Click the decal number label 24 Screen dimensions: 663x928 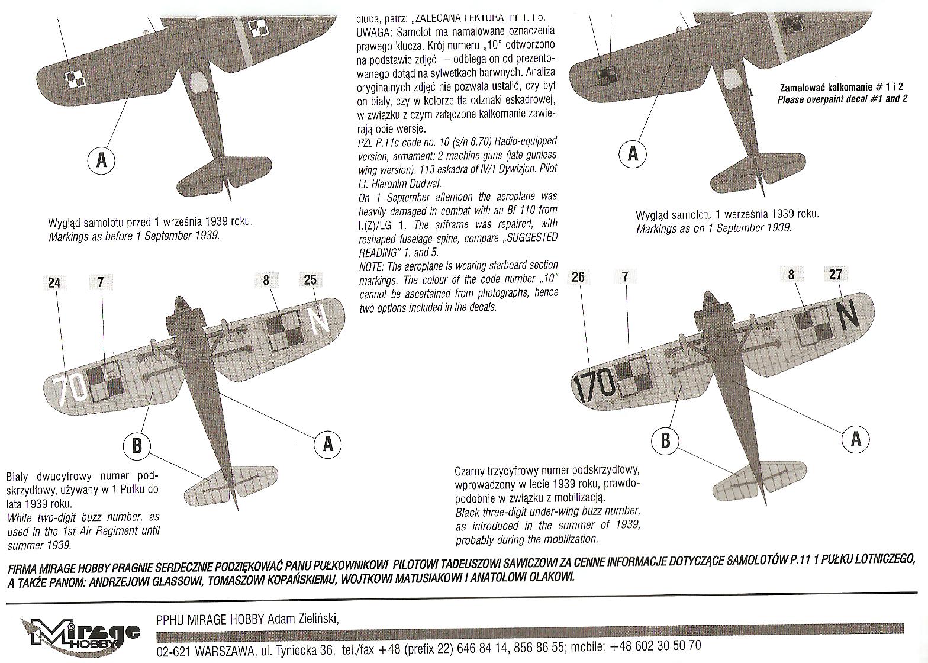[54, 282]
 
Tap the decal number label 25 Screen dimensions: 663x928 [310, 280]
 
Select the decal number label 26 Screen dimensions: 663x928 [578, 276]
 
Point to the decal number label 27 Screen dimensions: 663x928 [835, 274]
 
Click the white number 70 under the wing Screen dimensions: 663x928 [71, 389]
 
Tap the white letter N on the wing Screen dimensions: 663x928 [319, 321]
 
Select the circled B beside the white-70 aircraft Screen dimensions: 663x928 [137, 445]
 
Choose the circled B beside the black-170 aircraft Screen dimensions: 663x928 [665, 440]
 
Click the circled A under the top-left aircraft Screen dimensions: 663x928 [101, 160]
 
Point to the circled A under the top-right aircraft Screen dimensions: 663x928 [633, 154]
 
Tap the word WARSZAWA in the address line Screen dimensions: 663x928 [216, 650]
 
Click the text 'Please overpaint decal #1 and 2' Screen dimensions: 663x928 [842, 99]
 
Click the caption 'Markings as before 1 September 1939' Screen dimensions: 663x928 [134, 235]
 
